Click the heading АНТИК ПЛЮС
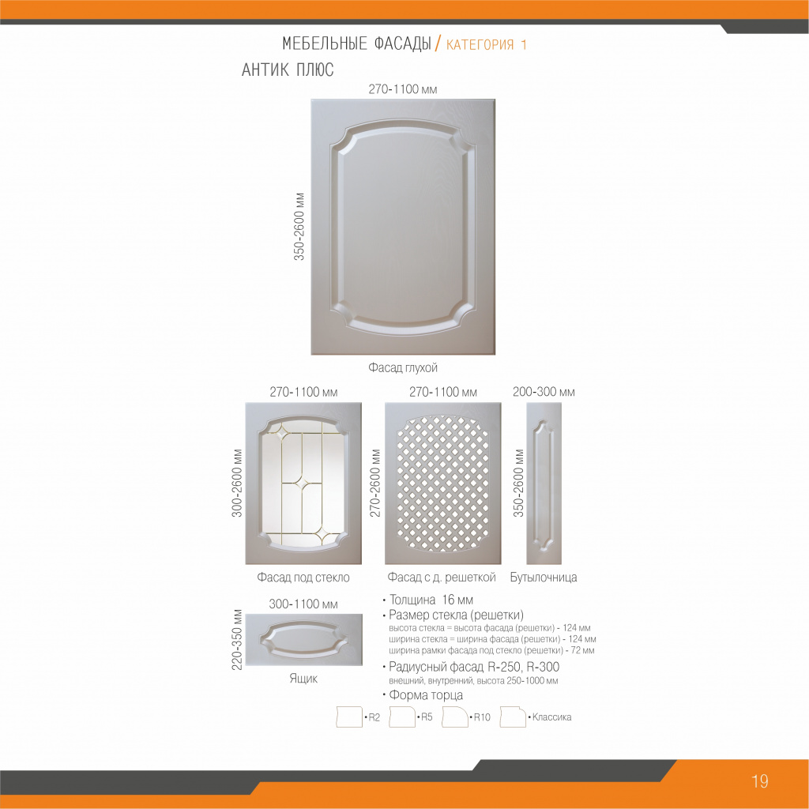288,70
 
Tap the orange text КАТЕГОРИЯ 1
486,45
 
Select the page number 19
760,781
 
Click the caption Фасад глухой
402,367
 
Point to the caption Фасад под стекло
303,578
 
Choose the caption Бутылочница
544,578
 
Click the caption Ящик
303,678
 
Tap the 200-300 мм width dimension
544,392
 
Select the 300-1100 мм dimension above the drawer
303,604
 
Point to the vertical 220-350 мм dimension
237,640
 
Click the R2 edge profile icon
348,717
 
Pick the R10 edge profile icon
454,717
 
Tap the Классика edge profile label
551,717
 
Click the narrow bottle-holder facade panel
544,484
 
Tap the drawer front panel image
303,639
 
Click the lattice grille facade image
442,484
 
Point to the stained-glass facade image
303,484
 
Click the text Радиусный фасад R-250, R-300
474,667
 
